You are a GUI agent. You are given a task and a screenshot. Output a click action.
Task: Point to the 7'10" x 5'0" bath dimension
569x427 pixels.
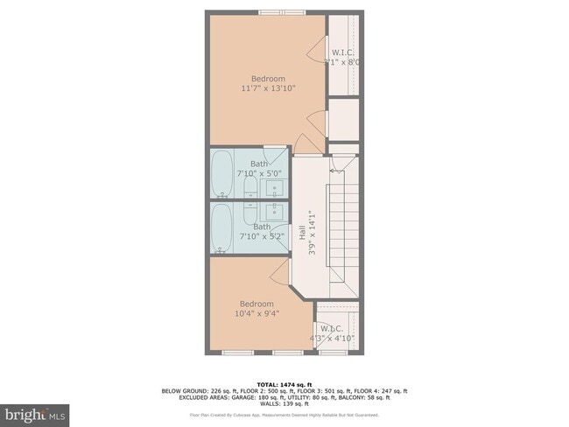(x=260, y=173)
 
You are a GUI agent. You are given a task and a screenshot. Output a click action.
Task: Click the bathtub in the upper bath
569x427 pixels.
(x=221, y=174)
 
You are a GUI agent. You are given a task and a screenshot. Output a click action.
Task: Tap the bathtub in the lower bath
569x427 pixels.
(x=221, y=228)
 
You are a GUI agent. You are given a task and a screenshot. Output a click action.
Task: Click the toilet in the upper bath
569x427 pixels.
(x=248, y=188)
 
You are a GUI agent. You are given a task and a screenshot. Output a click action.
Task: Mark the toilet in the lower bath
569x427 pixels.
(x=248, y=211)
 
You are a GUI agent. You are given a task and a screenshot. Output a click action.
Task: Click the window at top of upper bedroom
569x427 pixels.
(x=282, y=12)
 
